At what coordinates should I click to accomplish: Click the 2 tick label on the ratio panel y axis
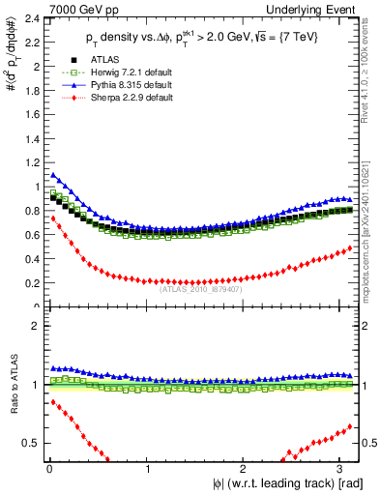(32, 326)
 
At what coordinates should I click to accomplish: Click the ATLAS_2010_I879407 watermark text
(198, 288)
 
